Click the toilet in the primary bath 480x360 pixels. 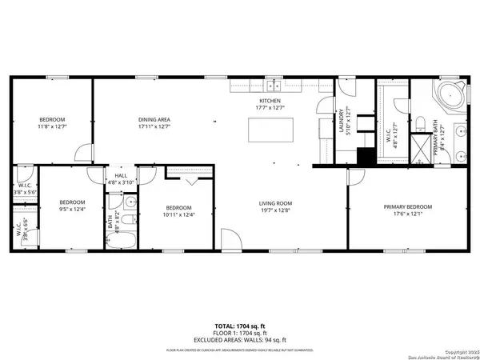click(x=420, y=122)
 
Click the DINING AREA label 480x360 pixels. click(x=154, y=120)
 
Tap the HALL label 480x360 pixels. click(x=121, y=175)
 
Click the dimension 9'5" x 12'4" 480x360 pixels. click(x=73, y=210)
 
